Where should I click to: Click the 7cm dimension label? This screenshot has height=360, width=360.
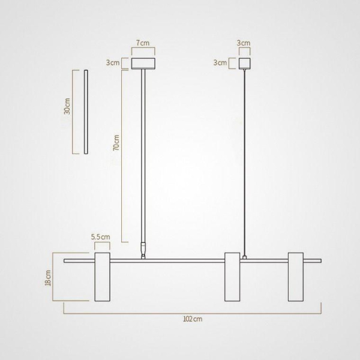(x=143, y=44)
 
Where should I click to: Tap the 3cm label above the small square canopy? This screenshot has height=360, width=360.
(x=244, y=44)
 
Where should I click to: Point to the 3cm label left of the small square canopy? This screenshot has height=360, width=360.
(x=220, y=62)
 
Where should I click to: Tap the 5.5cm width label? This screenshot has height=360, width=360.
(x=101, y=237)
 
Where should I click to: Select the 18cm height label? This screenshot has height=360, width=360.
(x=49, y=278)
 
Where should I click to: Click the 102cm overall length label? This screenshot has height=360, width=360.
(x=192, y=320)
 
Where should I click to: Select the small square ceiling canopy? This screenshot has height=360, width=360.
(x=244, y=64)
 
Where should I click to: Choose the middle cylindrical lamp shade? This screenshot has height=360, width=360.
(x=232, y=277)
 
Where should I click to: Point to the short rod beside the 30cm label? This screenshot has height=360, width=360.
(x=86, y=112)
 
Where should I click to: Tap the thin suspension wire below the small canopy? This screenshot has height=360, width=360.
(x=244, y=162)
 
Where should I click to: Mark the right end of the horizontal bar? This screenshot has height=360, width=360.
(x=319, y=260)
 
